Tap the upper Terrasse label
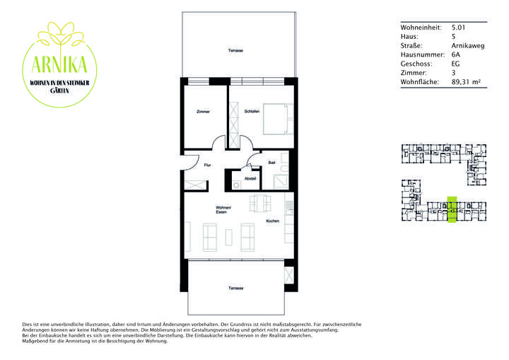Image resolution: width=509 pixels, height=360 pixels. [x=235, y=50]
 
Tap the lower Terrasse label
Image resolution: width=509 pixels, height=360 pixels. [x=235, y=289]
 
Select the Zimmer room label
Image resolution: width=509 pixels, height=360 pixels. [x=203, y=112]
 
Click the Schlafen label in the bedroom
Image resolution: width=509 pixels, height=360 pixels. [x=252, y=112]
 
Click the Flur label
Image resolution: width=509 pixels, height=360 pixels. [x=207, y=165]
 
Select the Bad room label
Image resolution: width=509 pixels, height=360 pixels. [x=271, y=163]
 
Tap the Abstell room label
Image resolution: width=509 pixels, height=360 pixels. [x=250, y=179]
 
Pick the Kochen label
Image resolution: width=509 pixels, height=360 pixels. [x=272, y=222]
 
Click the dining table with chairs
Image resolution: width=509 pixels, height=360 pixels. [x=259, y=203]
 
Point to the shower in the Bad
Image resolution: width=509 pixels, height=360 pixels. [x=282, y=180]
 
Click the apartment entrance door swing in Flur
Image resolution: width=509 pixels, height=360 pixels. [x=189, y=163]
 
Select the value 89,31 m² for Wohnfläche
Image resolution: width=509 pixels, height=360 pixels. [x=465, y=82]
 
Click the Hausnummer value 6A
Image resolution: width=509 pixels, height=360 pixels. [x=455, y=54]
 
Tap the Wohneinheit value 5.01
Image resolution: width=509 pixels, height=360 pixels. [x=458, y=27]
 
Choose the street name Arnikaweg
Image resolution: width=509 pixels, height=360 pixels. [x=467, y=45]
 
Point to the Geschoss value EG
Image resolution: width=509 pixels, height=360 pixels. [x=455, y=64]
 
